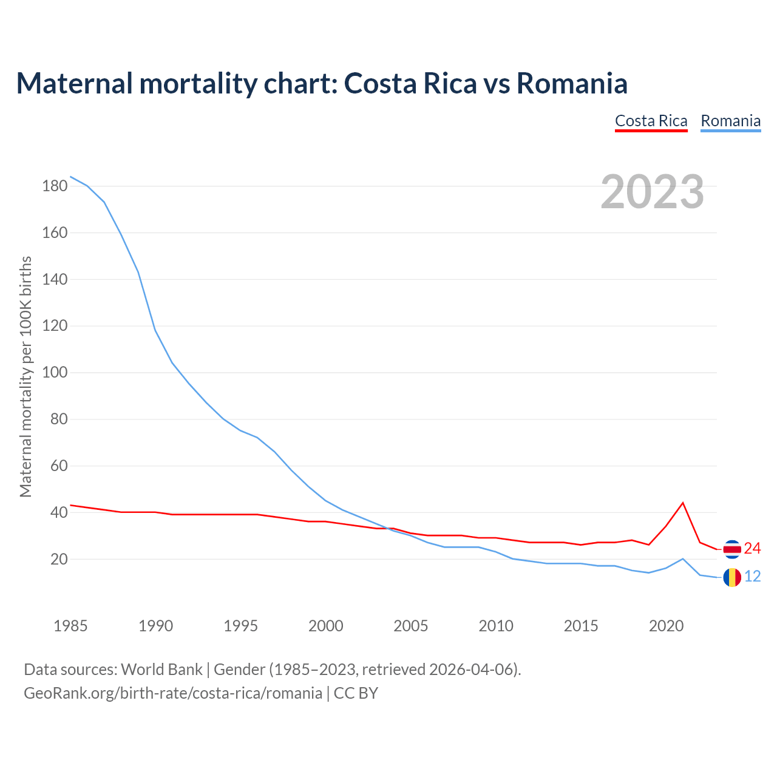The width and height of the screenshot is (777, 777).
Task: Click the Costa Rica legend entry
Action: click(x=651, y=121)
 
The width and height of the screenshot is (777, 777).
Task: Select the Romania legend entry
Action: click(x=730, y=121)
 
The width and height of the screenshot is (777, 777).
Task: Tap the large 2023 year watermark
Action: click(x=652, y=192)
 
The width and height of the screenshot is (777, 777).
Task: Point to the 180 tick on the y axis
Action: click(x=55, y=186)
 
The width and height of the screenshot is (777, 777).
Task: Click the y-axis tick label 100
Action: click(x=55, y=373)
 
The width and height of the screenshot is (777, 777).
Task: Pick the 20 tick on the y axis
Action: click(x=58, y=559)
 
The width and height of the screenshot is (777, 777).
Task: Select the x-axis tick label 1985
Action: click(x=70, y=626)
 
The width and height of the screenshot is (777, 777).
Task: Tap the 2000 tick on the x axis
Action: click(x=326, y=626)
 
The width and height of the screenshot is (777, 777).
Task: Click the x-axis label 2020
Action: click(x=666, y=626)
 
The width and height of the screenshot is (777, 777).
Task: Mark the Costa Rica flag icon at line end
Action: click(x=732, y=549)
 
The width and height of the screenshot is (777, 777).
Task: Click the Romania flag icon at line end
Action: click(x=732, y=577)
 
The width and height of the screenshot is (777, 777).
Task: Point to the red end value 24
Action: click(x=752, y=549)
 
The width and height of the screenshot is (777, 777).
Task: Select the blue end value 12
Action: click(x=752, y=577)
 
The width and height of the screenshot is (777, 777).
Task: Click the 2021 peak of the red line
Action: click(x=683, y=503)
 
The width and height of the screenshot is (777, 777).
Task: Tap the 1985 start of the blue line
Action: click(x=71, y=177)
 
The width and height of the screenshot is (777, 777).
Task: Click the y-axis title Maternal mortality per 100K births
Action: click(x=25, y=376)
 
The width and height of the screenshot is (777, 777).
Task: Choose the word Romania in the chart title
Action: click(x=571, y=83)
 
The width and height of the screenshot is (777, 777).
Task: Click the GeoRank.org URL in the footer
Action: click(x=173, y=693)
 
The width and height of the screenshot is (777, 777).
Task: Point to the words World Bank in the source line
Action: click(x=161, y=670)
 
